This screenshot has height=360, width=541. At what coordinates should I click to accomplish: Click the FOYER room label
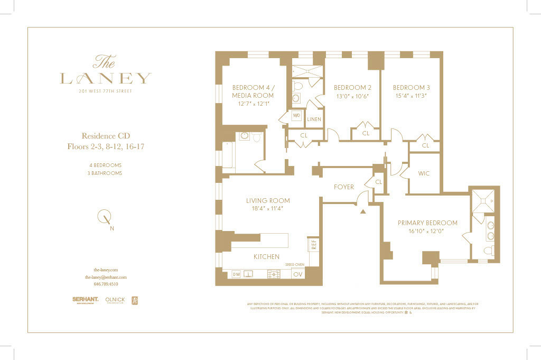(343, 187)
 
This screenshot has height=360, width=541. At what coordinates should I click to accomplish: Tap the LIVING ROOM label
(268, 200)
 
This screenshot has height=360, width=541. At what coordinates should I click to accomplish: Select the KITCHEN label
(266, 256)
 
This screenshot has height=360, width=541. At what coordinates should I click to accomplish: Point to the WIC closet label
(424, 173)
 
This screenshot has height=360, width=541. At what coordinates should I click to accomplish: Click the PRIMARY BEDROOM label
(427, 223)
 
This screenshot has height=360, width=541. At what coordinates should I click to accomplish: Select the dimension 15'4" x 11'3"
(410, 96)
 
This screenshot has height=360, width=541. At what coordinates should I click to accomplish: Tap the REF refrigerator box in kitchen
(313, 245)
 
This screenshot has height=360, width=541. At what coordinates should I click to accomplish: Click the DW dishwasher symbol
(236, 274)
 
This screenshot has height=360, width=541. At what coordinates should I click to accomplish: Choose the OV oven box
(298, 274)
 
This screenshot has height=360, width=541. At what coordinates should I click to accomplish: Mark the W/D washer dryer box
(296, 115)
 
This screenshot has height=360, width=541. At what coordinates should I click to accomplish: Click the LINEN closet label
(314, 119)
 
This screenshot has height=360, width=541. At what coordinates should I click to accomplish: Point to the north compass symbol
(105, 216)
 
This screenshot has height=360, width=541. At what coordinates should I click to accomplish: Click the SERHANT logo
(85, 300)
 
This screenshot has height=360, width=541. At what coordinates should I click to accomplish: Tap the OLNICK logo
(115, 300)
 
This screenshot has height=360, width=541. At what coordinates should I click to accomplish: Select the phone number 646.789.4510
(106, 284)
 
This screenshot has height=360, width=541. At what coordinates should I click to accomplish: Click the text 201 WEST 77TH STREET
(106, 91)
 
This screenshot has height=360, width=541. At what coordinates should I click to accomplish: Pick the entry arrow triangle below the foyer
(363, 211)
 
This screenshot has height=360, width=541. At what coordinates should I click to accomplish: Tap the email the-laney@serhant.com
(106, 276)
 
